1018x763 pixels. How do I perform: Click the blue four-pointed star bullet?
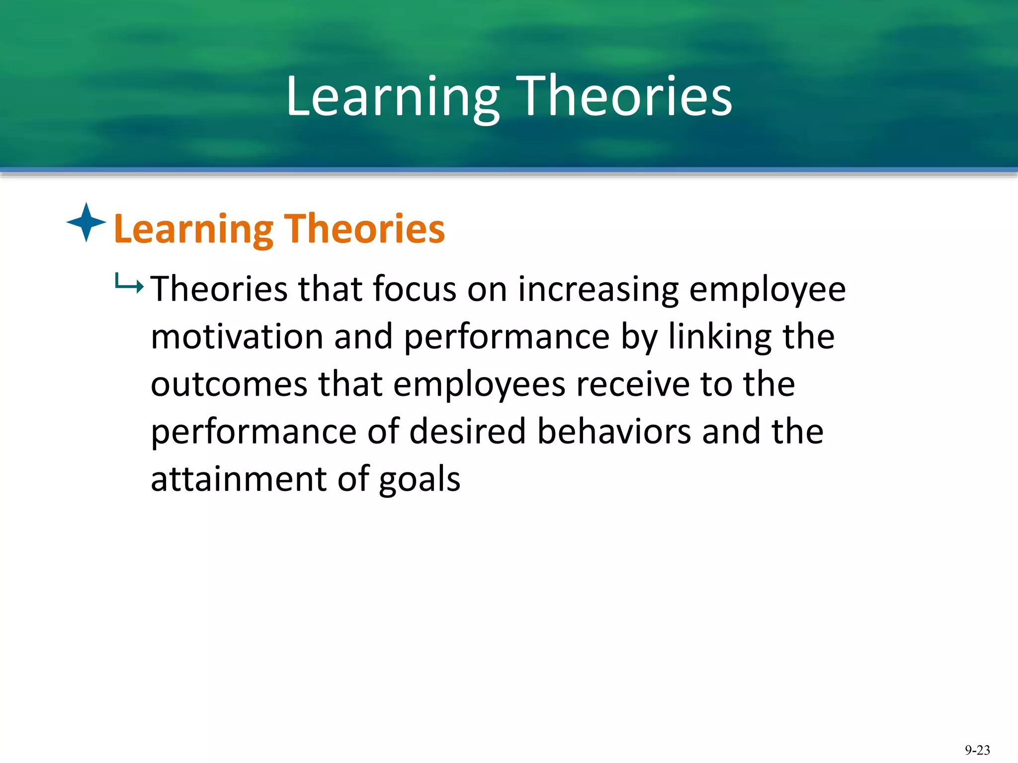pyautogui.click(x=86, y=222)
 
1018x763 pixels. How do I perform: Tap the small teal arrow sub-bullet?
pyautogui.click(x=129, y=284)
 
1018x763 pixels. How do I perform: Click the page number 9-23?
pyautogui.click(x=977, y=750)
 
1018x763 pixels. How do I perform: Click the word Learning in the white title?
pyautogui.click(x=393, y=97)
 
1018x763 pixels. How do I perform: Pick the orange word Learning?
pyautogui.click(x=193, y=230)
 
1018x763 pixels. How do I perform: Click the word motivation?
pyautogui.click(x=237, y=337)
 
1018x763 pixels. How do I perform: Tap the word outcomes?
pyautogui.click(x=229, y=384)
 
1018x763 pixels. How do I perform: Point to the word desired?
pyautogui.click(x=468, y=431)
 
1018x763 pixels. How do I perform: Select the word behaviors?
pyautogui.click(x=614, y=431)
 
